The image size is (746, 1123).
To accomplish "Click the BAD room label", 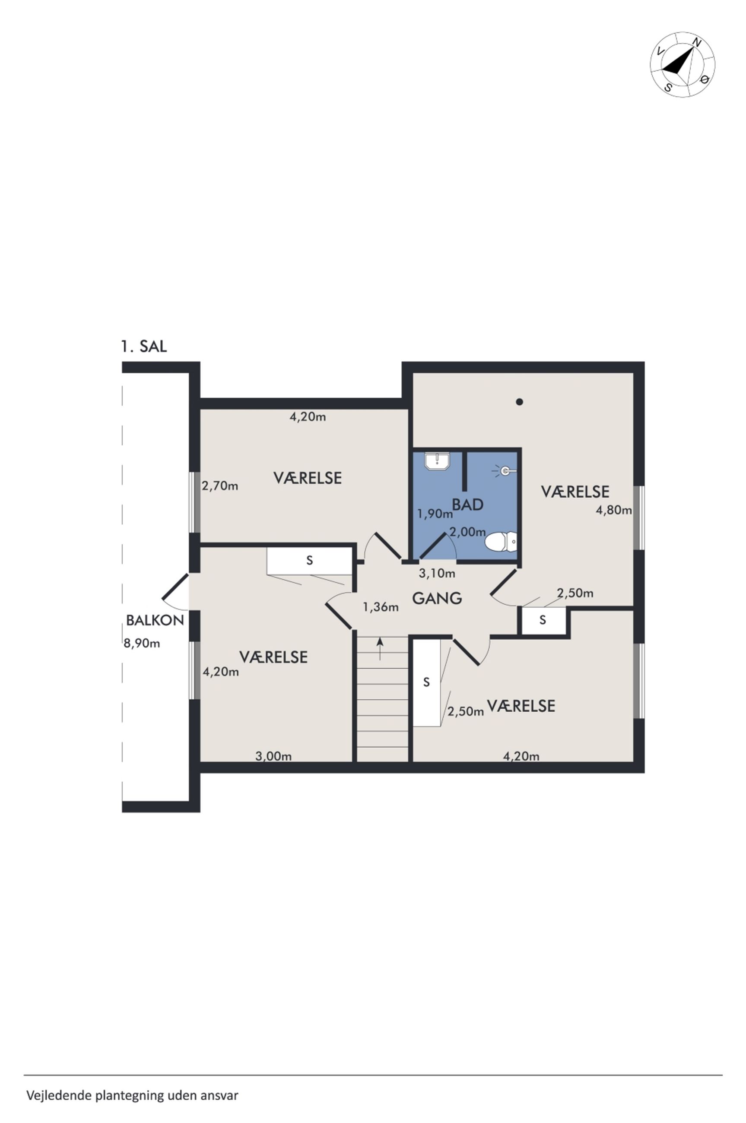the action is pos(468,504).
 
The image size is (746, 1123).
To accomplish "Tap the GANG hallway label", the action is pos(437,598).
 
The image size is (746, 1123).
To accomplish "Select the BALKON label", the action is pos(155,620).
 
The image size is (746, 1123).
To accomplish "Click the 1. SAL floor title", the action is pos(144,347).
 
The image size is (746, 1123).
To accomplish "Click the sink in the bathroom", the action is pos(437,461).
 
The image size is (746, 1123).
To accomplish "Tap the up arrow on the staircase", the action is pos(380,649).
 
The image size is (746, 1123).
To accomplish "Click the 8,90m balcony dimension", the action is pos(142,644).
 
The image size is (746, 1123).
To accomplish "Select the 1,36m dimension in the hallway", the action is pos(381,607).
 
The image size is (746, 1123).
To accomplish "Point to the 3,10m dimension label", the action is pos(437,574).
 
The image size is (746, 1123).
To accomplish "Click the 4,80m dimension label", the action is pos(614,511).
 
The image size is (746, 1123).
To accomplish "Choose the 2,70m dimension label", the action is pos(220,486).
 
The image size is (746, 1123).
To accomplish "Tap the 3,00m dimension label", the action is pos(273,756).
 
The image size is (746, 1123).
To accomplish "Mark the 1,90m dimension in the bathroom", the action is pos(435,514).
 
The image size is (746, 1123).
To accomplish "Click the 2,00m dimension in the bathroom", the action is pos(468,532).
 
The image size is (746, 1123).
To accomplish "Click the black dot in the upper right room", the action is pos(520,402).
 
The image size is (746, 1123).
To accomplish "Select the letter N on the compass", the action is pos(697,42).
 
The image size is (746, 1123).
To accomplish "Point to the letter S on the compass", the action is pos(668,87).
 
